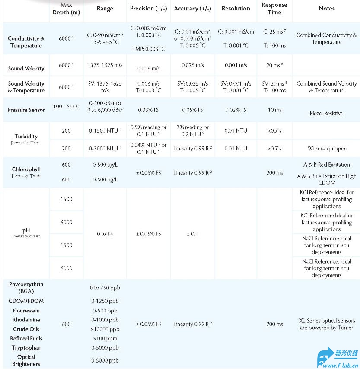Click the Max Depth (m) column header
pyautogui.click(x=66, y=8)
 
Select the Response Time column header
pyautogui.click(x=274, y=8)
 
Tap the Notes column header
pyautogui.click(x=326, y=8)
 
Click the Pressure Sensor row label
pyautogui.click(x=26, y=110)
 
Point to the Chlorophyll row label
pyautogui.click(x=26, y=169)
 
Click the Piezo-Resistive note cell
pyautogui.click(x=326, y=113)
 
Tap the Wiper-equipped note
pyautogui.click(x=327, y=148)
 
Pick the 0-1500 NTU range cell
pyautogui.click(x=105, y=131)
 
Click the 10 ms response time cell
pyautogui.click(x=274, y=110)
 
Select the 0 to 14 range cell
pyautogui.click(x=105, y=234)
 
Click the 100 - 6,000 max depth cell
pyautogui.click(x=66, y=106)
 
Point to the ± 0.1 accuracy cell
pyautogui.click(x=192, y=234)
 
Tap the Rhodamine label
pyautogui.click(x=26, y=320)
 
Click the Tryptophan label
pyautogui.click(x=26, y=348)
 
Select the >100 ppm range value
pyautogui.click(x=105, y=338)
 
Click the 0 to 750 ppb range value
pyautogui.click(x=105, y=288)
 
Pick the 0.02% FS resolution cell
pyautogui.click(x=236, y=110)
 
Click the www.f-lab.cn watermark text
pyautogui.click(x=339, y=365)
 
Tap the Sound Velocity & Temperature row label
pyautogui.click(x=26, y=87)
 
